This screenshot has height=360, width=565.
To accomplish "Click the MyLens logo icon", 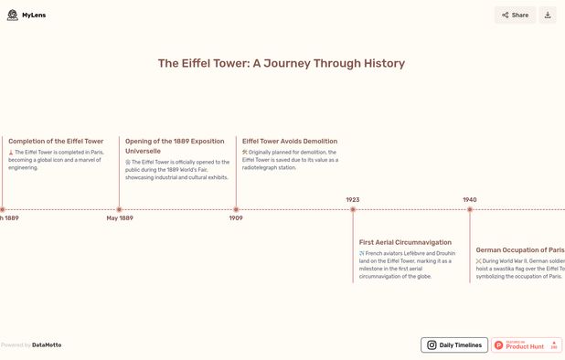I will pos(12,16).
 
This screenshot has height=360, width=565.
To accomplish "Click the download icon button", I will pos(548,15).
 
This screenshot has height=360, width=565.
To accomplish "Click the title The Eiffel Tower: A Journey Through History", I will pos(282,63).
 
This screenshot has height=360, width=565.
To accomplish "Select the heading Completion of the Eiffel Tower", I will pos(56,142).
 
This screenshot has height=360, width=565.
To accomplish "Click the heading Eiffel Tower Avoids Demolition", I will pos(289,142).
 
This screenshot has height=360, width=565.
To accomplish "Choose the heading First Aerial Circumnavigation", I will pos(405,242).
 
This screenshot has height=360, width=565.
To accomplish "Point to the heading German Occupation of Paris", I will pos(519,249).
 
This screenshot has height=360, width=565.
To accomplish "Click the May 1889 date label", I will pos(119,218).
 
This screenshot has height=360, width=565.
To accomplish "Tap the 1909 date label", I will pos(236,218).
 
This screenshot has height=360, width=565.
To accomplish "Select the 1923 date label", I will pos(352,199).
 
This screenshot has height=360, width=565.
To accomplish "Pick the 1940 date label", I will pos(469,199).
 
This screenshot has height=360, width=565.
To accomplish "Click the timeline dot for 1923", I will pos(353,209).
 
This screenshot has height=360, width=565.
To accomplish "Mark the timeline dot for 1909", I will pos(236,209).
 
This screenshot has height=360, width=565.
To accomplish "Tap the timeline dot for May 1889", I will pos(119,209).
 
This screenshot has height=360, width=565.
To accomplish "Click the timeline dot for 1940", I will pos(470,209).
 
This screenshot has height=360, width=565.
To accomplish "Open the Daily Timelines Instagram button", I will pos(453,345).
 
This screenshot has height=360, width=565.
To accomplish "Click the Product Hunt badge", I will pos(526,345).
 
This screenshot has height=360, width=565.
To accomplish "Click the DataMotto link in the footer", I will pos(47,345).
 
